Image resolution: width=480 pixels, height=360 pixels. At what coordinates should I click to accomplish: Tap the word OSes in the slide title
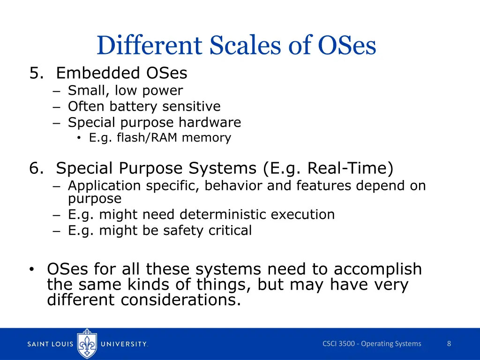347,46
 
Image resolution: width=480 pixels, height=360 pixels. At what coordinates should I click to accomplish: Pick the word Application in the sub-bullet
104,186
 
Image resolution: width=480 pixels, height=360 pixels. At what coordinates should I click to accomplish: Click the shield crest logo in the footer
87,344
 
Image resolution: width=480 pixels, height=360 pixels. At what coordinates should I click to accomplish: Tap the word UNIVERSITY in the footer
125,344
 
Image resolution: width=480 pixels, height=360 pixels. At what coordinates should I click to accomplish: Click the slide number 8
449,344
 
